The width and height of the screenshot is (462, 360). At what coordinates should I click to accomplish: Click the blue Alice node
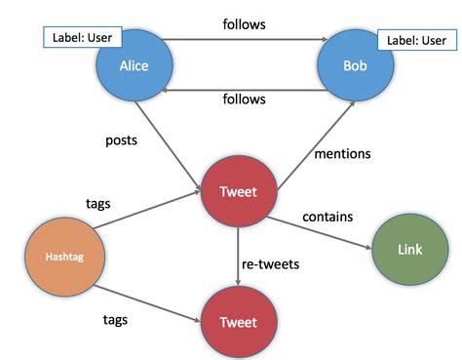tap(134, 67)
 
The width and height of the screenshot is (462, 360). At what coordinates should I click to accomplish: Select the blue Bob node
tap(355, 67)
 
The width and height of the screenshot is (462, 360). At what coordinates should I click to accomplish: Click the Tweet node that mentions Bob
tap(238, 191)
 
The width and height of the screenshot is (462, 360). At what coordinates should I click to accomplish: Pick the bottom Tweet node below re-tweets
tap(238, 321)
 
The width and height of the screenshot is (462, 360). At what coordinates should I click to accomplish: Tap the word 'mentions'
tap(344, 153)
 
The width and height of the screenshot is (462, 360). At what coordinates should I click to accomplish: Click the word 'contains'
tap(327, 216)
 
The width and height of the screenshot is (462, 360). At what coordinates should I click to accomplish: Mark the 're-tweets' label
tap(272, 264)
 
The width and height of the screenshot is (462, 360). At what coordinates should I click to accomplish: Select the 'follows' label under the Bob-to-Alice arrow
tap(245, 100)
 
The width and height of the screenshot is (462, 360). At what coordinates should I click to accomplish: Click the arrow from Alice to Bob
tap(244, 42)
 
